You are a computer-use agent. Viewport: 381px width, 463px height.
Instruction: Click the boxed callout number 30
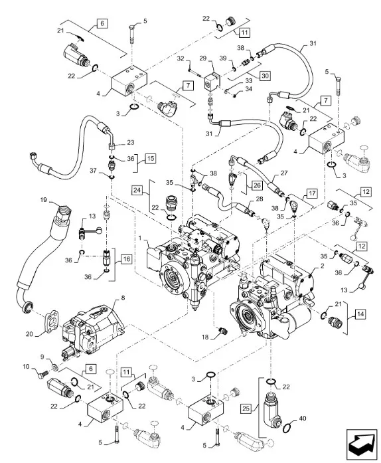pos(265,76)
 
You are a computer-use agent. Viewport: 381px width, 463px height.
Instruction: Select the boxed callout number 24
pos(137,189)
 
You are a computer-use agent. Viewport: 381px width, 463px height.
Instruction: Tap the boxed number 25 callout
pos(246,409)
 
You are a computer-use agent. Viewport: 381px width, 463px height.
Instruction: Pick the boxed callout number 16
pos(126,259)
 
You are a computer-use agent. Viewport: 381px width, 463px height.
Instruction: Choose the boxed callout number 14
pos(360,314)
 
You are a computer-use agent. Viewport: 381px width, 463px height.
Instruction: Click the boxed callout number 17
pos(312,194)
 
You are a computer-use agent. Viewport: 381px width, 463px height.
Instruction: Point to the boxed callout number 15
pos(150,158)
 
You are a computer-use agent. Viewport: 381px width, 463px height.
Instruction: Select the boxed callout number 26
pos(257,185)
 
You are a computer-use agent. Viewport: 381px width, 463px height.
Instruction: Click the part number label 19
pos(44,200)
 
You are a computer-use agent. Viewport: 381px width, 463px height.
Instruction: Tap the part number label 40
pos(303,418)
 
